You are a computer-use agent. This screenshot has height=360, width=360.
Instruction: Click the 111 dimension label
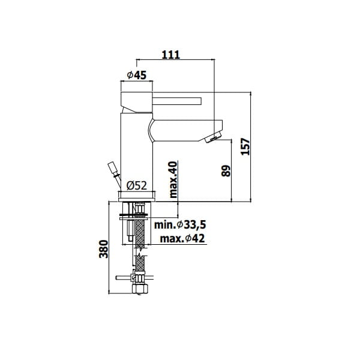pos(171,55)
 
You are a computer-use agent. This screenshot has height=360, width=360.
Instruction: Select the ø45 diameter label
pos(137,75)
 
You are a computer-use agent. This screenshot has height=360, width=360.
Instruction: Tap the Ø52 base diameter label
pos(136,185)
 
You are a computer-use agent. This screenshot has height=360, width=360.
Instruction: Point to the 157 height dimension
pos(245,146)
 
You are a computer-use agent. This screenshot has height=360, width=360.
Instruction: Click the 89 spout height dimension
pos(226,170)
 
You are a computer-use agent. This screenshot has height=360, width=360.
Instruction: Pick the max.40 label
pos(173,179)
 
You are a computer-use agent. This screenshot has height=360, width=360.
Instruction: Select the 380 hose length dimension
pos(104,249)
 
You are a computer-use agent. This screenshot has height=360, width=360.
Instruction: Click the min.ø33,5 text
pos(180,225)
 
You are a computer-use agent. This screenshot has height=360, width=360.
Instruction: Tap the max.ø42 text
pos(182,239)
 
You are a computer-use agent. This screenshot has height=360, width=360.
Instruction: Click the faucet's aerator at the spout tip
pos(214,137)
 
